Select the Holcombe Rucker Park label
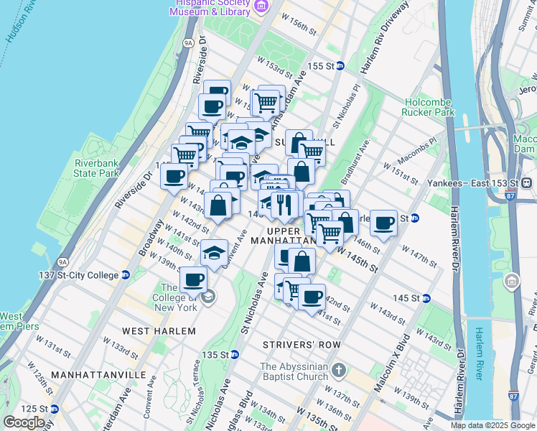(429, 107)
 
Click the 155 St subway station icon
(340, 66)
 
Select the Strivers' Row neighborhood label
(302, 345)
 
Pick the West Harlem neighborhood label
(159, 331)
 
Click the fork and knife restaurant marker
(285, 205)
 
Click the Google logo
(24, 422)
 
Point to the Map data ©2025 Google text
(492, 425)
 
